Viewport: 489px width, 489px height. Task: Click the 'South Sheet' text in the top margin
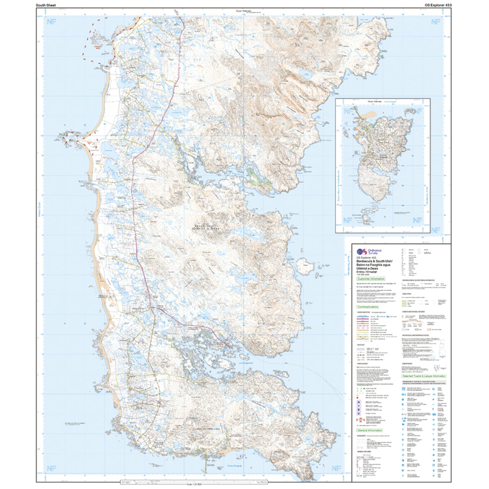(46, 5)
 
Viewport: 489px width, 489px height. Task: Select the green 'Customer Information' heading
(371, 279)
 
